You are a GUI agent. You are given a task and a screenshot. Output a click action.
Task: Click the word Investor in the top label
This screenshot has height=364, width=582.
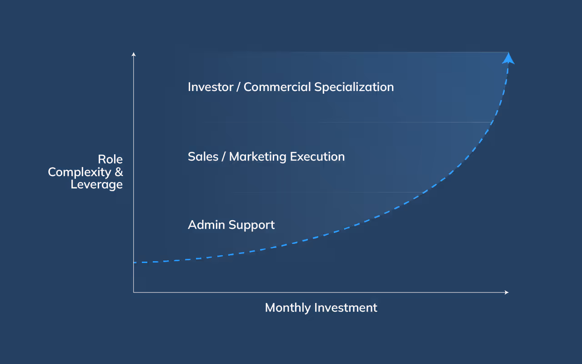pyautogui.click(x=209, y=87)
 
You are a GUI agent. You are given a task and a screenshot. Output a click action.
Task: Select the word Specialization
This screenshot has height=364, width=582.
pyautogui.click(x=354, y=87)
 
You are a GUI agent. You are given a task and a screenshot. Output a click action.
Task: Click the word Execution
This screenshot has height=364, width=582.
pyautogui.click(x=317, y=157)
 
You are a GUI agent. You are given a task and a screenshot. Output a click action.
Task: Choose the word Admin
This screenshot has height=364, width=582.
pyautogui.click(x=206, y=225)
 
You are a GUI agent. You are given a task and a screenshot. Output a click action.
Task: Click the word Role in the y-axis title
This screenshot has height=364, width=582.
pyautogui.click(x=110, y=160)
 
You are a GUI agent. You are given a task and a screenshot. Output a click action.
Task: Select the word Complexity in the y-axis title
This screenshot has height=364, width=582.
pyautogui.click(x=79, y=172)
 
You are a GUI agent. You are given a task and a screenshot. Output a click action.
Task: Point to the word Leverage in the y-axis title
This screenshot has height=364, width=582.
pyautogui.click(x=97, y=185)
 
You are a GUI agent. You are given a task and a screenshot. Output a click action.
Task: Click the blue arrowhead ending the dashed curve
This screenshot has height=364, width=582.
pyautogui.click(x=508, y=58)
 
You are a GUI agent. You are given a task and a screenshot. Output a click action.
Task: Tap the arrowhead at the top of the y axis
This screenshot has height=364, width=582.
pyautogui.click(x=134, y=55)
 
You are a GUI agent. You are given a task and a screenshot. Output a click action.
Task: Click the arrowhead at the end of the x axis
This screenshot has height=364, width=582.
pyautogui.click(x=507, y=292)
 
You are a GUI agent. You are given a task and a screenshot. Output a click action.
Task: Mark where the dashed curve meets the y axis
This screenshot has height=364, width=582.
pyautogui.click(x=134, y=263)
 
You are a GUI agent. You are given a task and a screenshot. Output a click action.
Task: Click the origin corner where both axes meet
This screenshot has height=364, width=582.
pyautogui.click(x=134, y=292)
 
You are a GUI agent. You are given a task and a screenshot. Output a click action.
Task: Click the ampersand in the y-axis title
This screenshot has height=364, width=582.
pyautogui.click(x=119, y=172)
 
